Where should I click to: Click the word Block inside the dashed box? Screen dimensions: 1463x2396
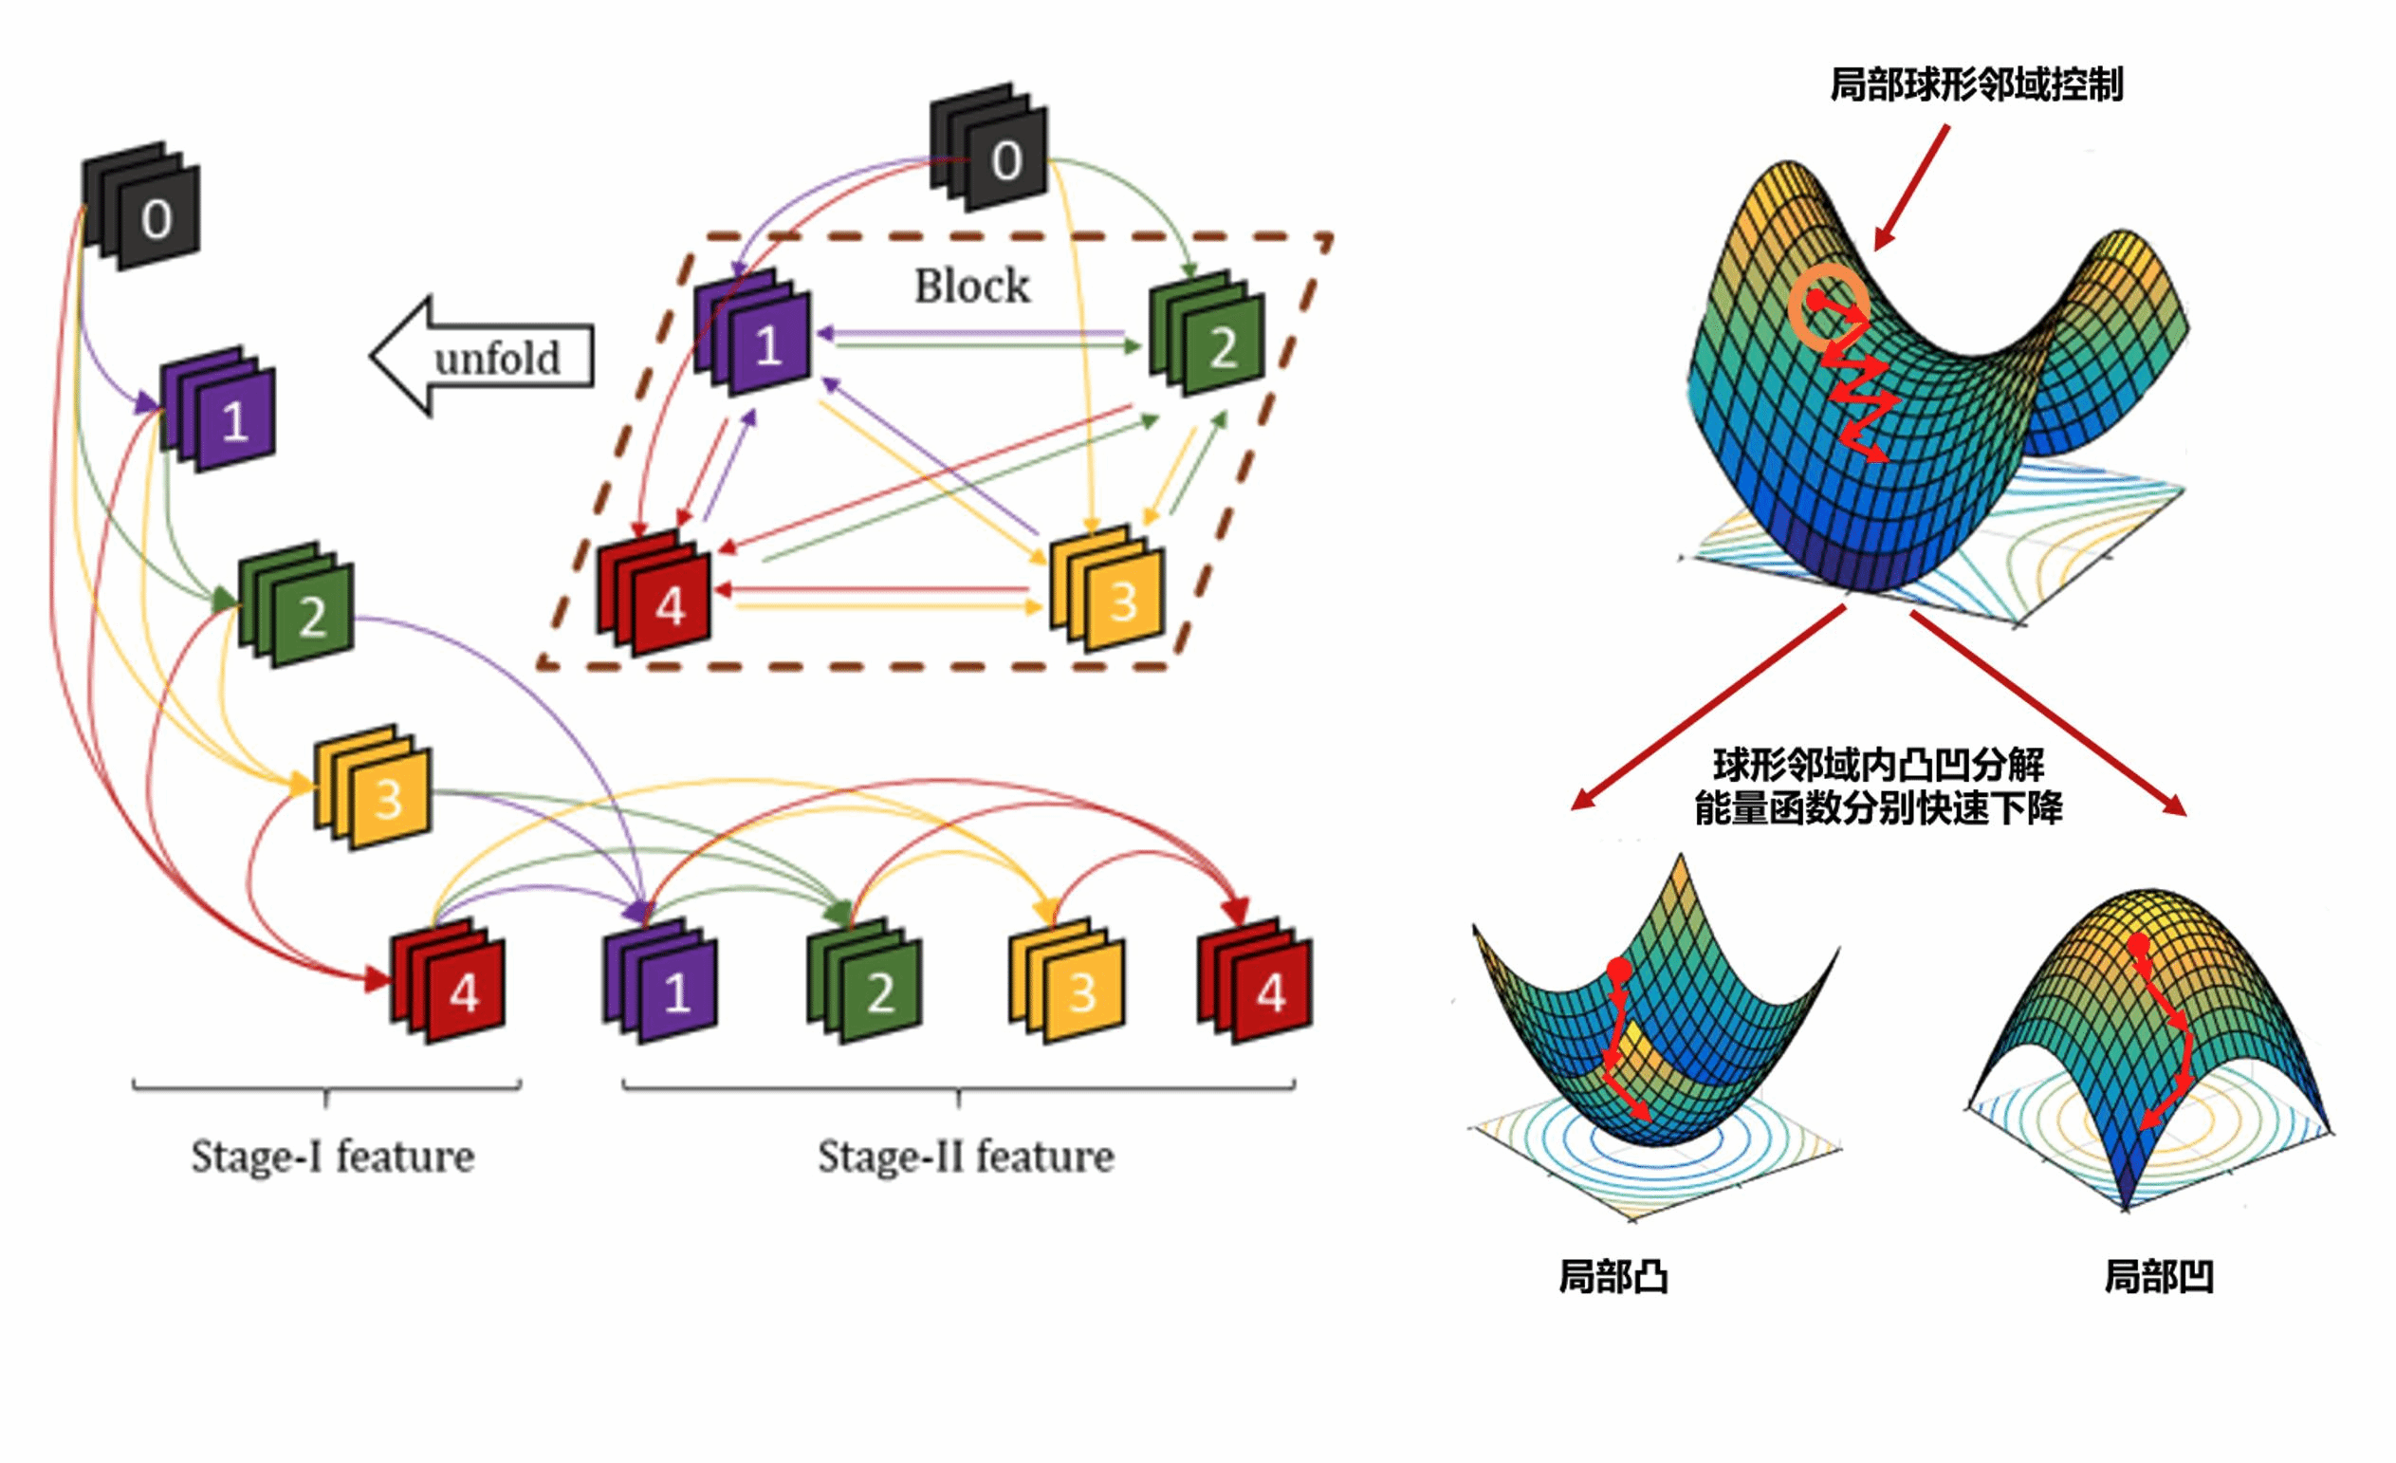970,286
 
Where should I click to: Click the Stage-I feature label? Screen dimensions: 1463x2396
332,1157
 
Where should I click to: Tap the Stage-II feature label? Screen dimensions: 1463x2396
965,1157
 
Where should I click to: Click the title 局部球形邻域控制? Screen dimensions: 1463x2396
1975,84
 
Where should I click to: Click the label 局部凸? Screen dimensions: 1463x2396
1613,1275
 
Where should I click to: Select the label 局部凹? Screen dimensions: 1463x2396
2159,1275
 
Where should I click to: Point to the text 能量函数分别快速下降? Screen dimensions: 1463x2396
1878,808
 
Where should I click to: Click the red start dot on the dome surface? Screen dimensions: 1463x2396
2137,944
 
